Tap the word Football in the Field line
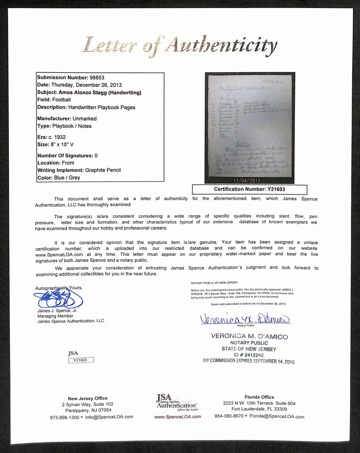click(61, 100)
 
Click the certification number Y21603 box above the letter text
click(249, 189)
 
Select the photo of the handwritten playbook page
click(250, 127)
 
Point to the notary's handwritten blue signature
click(245, 318)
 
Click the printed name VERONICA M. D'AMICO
click(249, 337)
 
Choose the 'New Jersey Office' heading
click(88, 398)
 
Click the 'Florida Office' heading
click(259, 397)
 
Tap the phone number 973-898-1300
click(64, 417)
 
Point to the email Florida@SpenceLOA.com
click(276, 416)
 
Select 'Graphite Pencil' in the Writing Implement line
click(103, 170)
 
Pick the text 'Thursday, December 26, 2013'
click(86, 85)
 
